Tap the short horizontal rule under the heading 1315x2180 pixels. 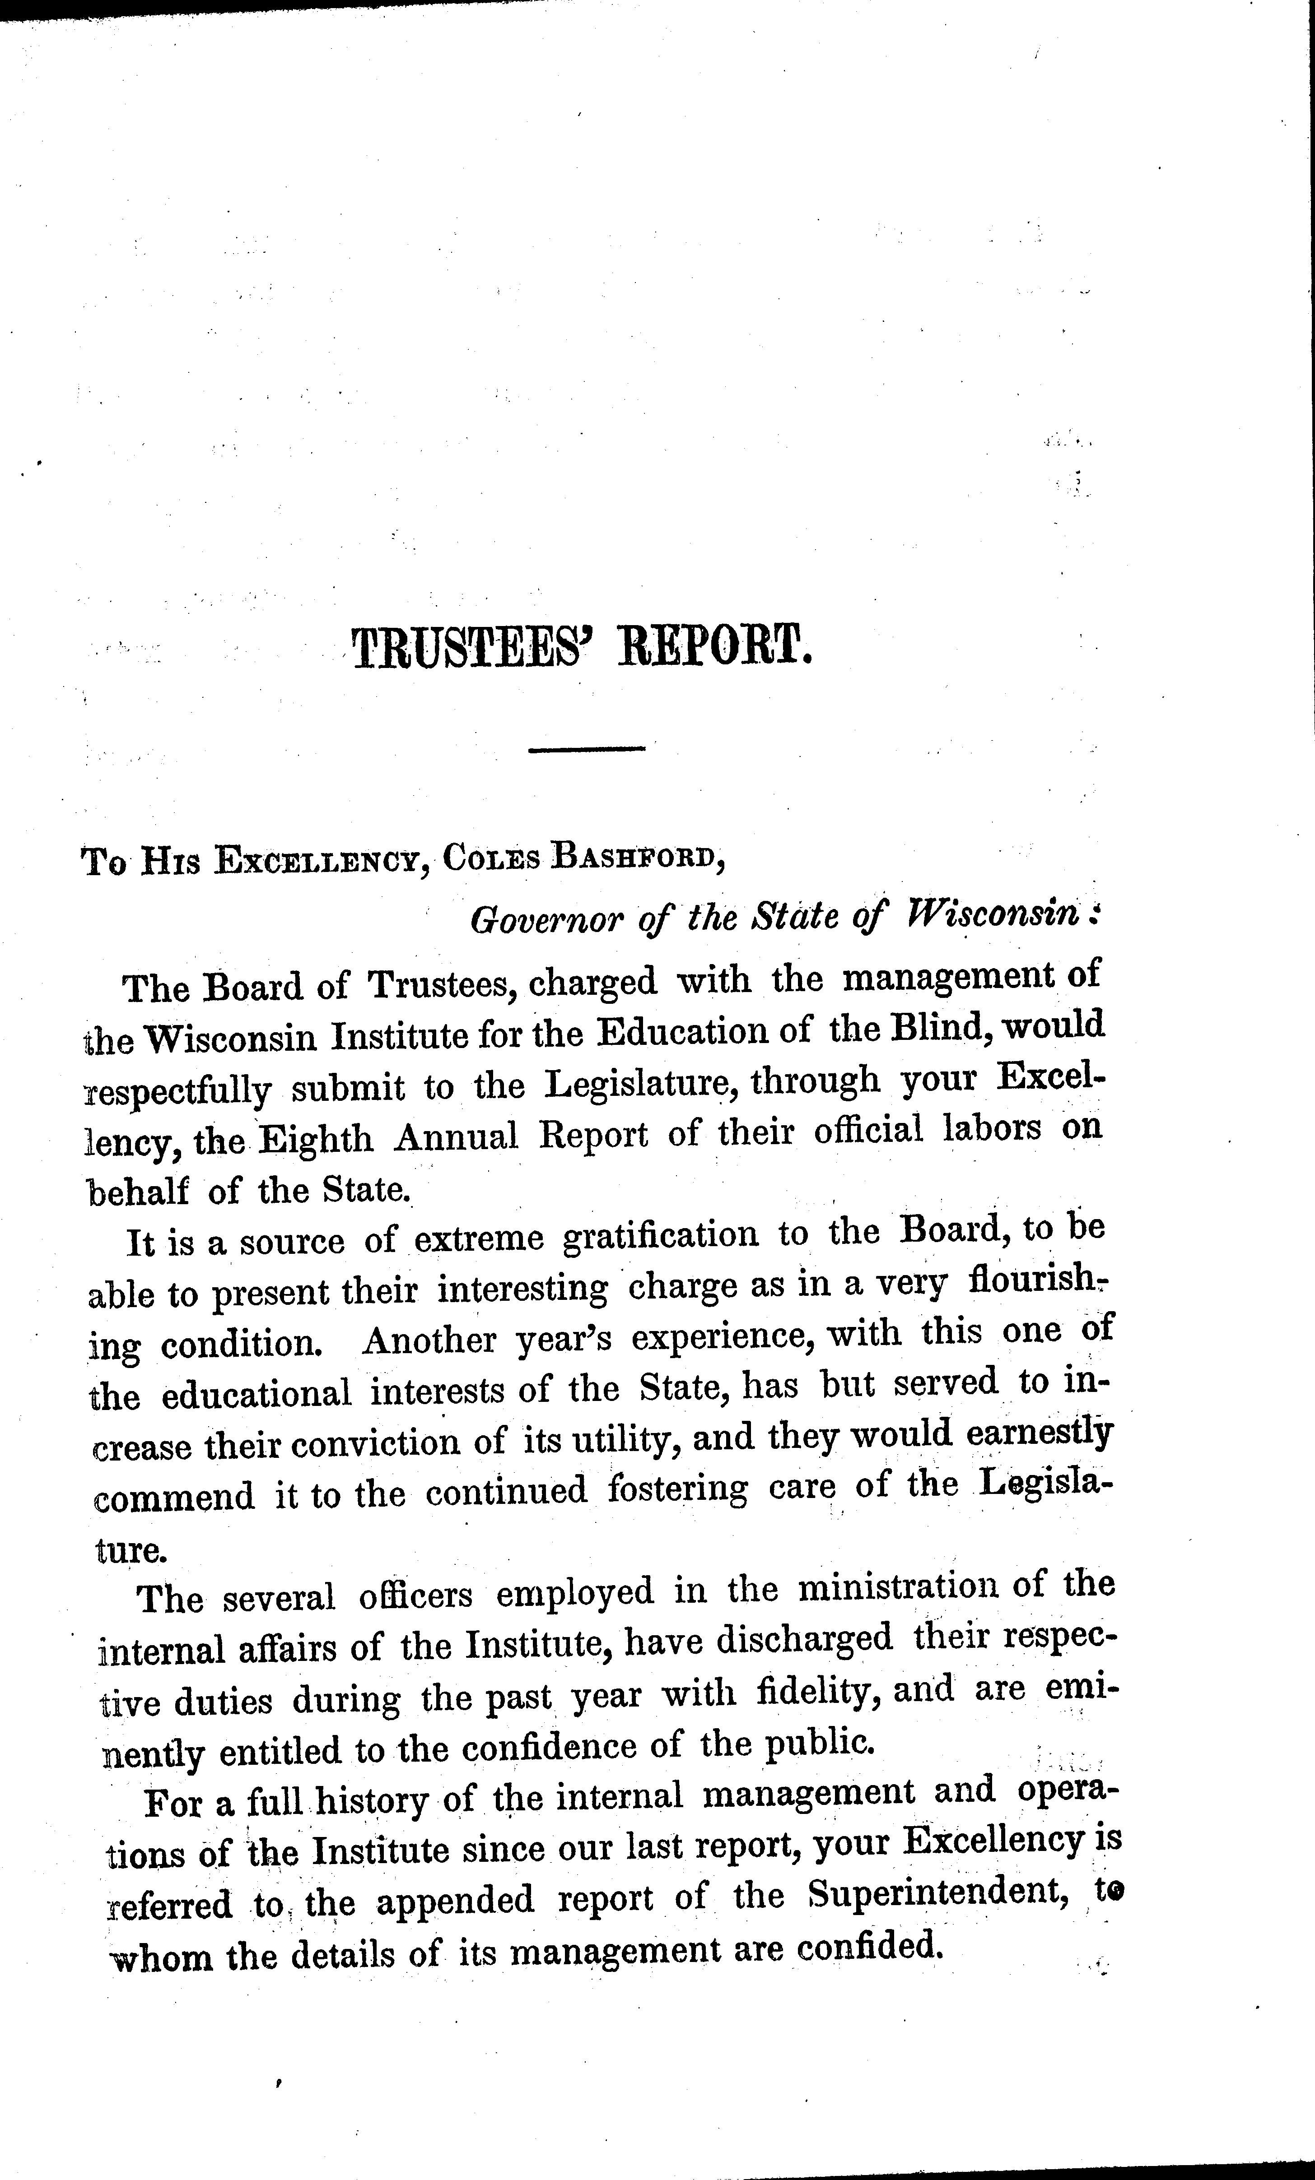point(586,750)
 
